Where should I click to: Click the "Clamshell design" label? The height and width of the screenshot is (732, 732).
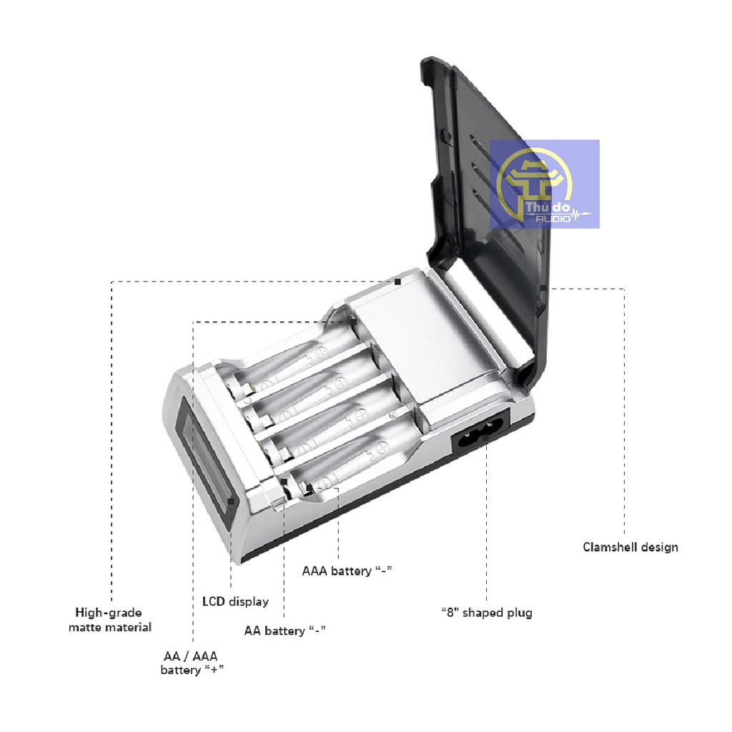coord(630,548)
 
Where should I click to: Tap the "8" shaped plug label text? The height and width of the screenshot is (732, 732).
coord(486,613)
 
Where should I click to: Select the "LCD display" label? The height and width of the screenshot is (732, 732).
coord(235,601)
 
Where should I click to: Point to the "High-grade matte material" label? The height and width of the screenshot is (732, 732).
coord(109,620)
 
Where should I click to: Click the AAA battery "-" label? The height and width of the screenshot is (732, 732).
coord(347,570)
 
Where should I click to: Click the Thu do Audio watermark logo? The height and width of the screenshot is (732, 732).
coord(544,184)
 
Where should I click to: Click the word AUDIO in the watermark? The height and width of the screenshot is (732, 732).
coord(553,218)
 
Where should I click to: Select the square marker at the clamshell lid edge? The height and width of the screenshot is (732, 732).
coord(543,288)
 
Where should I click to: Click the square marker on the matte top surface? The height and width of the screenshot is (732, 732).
coord(398,282)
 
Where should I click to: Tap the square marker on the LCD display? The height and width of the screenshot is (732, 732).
coord(231,501)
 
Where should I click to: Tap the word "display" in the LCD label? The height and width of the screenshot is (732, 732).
coord(249,601)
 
